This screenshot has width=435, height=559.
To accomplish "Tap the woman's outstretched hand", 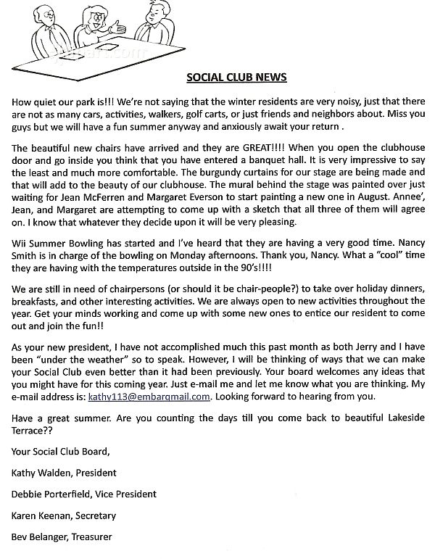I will pyautogui.click(x=138, y=30).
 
